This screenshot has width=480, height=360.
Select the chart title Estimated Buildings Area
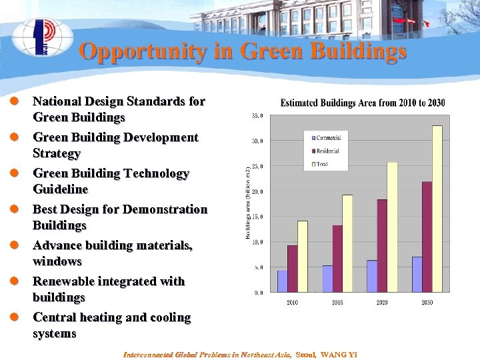(x=363, y=103)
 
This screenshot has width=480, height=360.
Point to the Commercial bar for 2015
(x=327, y=279)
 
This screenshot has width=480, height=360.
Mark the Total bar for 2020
(x=392, y=227)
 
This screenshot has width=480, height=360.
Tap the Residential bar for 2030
(x=427, y=237)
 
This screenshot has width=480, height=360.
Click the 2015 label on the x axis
(x=337, y=303)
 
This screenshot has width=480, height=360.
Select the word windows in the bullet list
(x=57, y=261)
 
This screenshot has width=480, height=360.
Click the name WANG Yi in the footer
(x=339, y=354)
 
